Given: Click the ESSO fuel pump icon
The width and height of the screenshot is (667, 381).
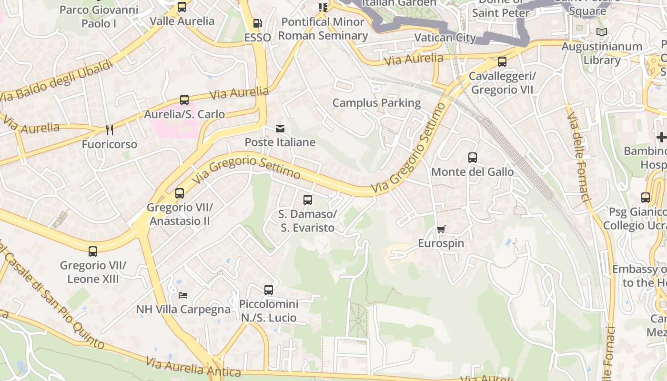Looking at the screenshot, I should (x=257, y=23).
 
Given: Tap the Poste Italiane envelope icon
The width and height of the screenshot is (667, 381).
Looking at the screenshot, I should (x=280, y=128).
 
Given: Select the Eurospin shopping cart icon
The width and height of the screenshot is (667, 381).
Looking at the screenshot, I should (x=441, y=230).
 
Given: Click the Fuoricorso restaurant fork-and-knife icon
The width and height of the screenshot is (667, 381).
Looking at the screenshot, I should (x=109, y=130).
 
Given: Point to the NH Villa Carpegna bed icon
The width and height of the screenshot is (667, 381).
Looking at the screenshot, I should (x=183, y=295).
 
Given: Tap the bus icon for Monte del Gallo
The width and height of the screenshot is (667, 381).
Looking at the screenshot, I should (x=473, y=158).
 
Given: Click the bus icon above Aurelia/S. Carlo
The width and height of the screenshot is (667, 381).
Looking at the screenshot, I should (x=184, y=100).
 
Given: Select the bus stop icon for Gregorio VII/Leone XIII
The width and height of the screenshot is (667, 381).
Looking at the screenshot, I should (x=93, y=251).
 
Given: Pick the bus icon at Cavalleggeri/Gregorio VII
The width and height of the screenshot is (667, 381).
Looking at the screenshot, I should (x=502, y=62).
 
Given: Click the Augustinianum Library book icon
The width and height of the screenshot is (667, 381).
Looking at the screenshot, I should (x=602, y=32).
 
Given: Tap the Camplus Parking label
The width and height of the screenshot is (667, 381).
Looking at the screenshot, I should (x=376, y=103).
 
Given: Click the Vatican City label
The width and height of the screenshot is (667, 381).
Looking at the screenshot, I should (x=445, y=38).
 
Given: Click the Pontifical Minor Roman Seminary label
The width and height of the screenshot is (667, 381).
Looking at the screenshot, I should (x=323, y=29).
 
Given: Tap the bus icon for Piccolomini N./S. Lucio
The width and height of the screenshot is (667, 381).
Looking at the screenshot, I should (x=269, y=290).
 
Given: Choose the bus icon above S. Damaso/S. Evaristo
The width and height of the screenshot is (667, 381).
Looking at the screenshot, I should (x=308, y=200).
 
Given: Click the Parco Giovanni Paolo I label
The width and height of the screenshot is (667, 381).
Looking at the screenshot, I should (x=99, y=16).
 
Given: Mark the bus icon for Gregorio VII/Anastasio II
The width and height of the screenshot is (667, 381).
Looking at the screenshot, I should (x=180, y=193).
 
